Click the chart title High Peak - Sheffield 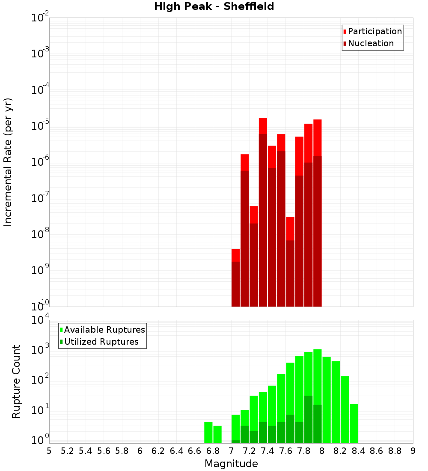coord(214,6)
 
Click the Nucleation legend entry coord(370,43)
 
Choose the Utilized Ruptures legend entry coord(101,342)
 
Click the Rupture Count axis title coord(16,382)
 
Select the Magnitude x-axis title coord(231,464)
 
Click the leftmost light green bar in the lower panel coord(208,432)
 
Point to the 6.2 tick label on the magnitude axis coord(158,451)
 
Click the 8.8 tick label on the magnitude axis coord(395,451)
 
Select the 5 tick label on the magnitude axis coord(49,451)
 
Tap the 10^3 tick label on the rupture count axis coord(41,349)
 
